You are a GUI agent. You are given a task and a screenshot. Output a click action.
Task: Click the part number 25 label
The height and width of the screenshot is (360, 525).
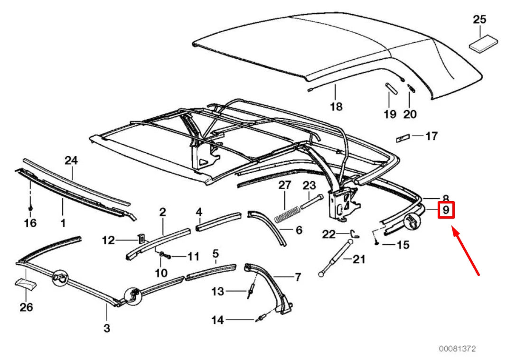tap(479, 20)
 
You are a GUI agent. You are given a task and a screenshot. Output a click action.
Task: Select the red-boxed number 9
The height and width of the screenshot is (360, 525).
tap(446, 210)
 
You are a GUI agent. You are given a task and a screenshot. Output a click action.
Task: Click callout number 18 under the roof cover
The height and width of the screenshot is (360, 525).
tap(336, 107)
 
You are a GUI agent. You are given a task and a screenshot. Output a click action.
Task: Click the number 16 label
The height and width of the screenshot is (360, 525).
tap(30, 222)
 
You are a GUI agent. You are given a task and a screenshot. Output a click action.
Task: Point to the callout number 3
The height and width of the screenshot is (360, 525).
tap(107, 327)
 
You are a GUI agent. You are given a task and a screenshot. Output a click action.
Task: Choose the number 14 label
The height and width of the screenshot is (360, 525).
tap(217, 320)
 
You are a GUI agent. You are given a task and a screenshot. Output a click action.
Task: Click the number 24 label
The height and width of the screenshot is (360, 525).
tap(71, 161)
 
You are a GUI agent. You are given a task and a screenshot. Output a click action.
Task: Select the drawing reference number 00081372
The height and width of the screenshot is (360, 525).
tap(457, 349)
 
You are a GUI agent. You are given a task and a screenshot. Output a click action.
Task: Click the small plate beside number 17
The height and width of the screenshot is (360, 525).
tap(403, 138)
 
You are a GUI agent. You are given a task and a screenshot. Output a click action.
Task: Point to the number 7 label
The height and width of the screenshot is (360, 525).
tap(298, 277)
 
